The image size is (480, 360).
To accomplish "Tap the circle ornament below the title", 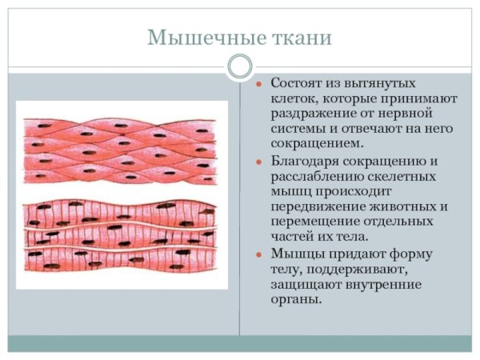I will pos(240,66).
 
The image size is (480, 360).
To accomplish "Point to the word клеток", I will pos(292,98).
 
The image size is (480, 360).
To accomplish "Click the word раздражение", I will pos(307,114).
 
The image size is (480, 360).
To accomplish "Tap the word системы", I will pos(296,129).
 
